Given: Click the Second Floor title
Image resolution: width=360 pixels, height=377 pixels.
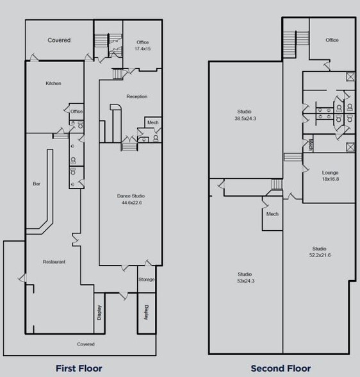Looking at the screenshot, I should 281,368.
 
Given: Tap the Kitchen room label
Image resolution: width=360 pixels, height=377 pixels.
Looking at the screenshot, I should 53,83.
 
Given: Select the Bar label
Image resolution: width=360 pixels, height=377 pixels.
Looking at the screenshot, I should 37,184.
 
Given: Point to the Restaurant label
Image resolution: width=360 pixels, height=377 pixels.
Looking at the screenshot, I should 54,262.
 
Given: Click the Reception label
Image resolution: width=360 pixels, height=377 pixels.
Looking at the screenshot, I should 136,96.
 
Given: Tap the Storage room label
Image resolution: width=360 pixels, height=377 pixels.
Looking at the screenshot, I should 147,280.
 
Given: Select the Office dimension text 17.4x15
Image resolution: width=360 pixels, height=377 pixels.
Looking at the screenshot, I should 142,49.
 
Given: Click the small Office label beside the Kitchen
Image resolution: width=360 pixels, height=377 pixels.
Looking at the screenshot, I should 77,112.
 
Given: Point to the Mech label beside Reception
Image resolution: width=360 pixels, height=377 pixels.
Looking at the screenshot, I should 152,123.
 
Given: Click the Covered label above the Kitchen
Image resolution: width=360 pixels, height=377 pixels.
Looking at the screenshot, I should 59,40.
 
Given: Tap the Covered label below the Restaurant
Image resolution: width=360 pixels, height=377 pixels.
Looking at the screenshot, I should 86,344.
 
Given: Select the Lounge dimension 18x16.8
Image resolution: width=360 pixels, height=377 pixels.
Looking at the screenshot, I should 331,180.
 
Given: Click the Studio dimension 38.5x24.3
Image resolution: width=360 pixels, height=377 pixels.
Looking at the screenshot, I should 244,119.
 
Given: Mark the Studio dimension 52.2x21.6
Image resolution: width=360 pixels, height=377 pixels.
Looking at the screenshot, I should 319,255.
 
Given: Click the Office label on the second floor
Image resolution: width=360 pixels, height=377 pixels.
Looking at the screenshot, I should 332,40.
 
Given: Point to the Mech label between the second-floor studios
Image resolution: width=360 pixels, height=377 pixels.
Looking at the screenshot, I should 272,214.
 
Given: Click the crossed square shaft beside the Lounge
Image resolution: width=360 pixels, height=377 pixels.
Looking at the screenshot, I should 350,148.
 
